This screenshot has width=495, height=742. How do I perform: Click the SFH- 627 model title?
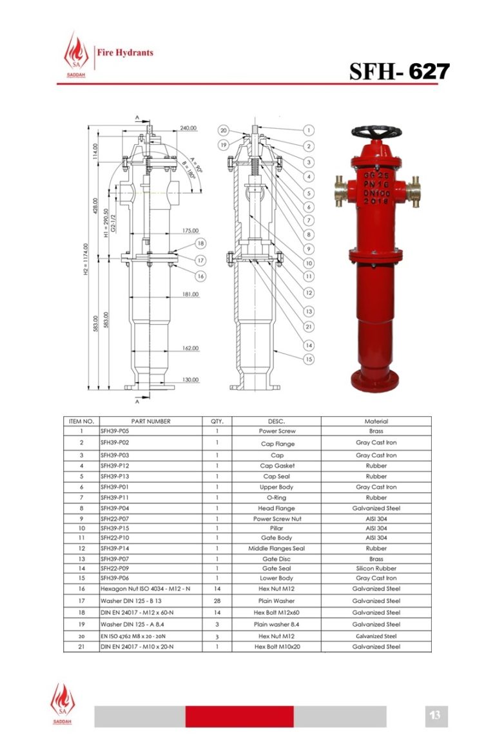click(399, 71)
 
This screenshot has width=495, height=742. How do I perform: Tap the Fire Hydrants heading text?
click(125, 53)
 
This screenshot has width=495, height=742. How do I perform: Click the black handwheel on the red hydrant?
click(376, 132)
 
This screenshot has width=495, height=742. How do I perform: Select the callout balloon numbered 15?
click(308, 359)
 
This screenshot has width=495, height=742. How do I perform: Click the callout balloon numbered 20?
click(224, 130)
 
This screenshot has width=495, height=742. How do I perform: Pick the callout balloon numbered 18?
click(200, 243)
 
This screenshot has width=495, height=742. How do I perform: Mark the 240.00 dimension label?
click(188, 128)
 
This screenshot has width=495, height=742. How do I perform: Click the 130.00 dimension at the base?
click(190, 379)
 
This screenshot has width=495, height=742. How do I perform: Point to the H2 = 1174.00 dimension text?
click(86, 260)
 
